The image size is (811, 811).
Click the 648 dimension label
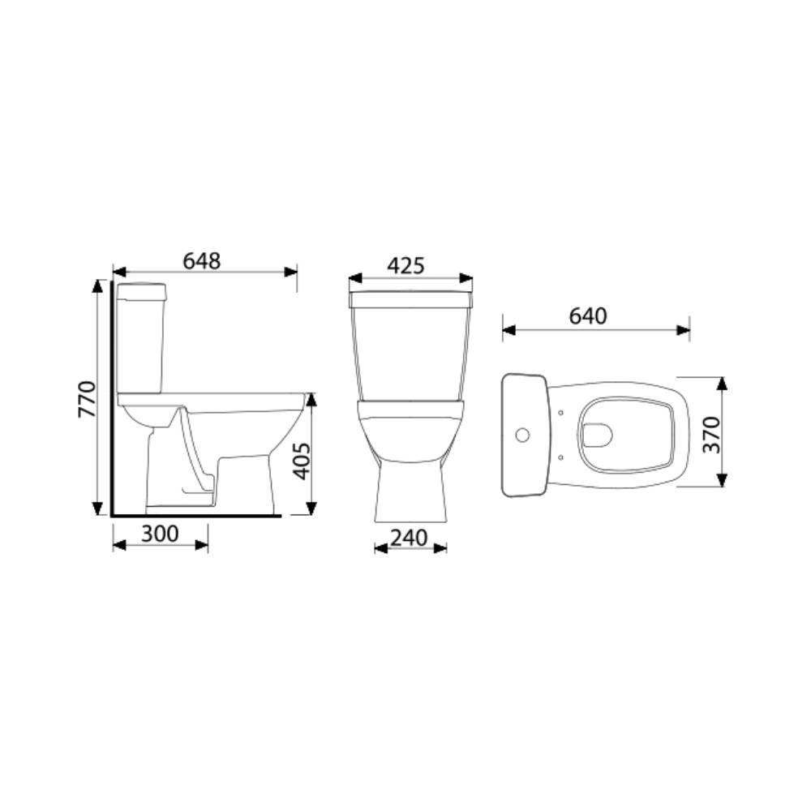click(x=201, y=260)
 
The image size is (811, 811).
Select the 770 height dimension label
click(x=87, y=398)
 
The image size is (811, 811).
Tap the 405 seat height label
click(x=301, y=460)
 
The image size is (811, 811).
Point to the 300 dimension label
click(x=160, y=534)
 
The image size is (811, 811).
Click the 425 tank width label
click(x=405, y=265)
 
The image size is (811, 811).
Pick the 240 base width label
click(x=410, y=537)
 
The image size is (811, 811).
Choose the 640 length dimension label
click(x=587, y=316)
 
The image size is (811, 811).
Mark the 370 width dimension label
click(x=710, y=435)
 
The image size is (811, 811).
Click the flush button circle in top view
click(x=522, y=436)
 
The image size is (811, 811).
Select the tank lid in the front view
click(x=410, y=299)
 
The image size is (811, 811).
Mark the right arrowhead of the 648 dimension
click(x=291, y=272)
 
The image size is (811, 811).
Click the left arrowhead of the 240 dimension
click(x=380, y=548)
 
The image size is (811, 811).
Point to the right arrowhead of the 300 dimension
click(x=202, y=545)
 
